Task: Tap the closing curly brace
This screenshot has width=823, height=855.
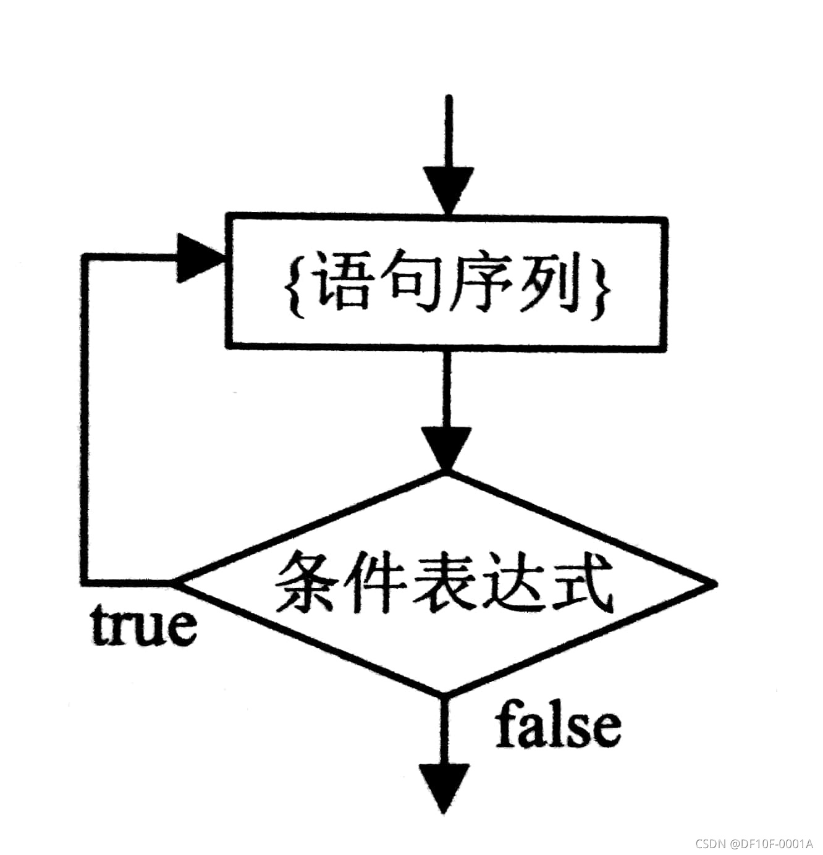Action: tap(598, 284)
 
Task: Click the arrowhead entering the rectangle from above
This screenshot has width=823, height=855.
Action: tap(448, 189)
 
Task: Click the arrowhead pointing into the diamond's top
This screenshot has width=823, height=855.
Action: tap(447, 446)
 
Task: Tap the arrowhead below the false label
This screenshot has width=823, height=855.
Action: tap(444, 787)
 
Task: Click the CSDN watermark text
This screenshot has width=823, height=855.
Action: tap(753, 844)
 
